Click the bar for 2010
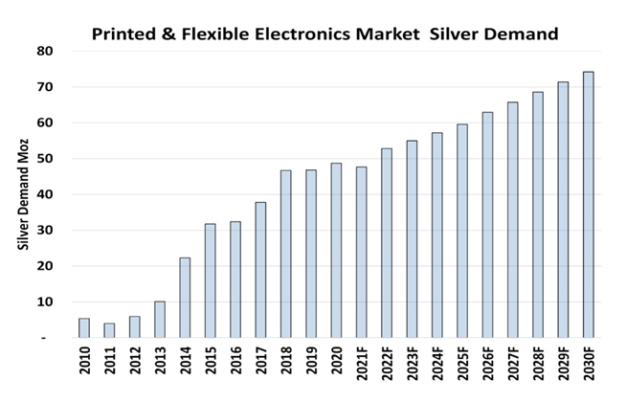tap(84, 328)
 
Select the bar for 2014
tap(186, 298)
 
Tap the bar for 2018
tap(286, 254)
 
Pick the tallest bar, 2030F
tap(588, 205)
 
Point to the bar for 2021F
tap(362, 253)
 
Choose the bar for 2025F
tap(462, 231)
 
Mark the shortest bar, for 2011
tap(110, 330)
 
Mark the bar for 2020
tap(337, 250)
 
